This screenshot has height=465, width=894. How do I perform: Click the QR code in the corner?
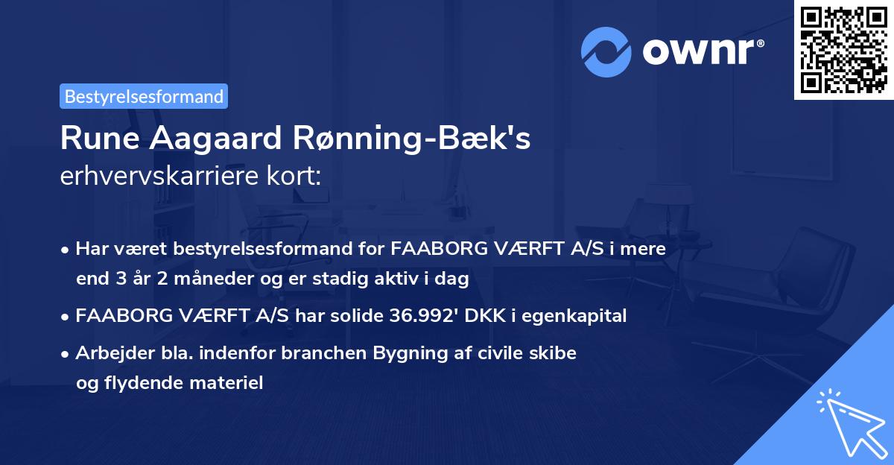coord(843,50)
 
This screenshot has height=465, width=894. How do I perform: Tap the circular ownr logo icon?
coord(606,52)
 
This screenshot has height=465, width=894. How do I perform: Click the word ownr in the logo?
coord(700,52)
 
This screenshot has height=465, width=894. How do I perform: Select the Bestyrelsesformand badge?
coord(144,96)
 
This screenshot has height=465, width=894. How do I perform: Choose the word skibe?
coord(554,353)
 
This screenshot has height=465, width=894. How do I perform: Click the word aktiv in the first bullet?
coord(402,279)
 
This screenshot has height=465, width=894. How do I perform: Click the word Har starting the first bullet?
coord(89,249)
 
